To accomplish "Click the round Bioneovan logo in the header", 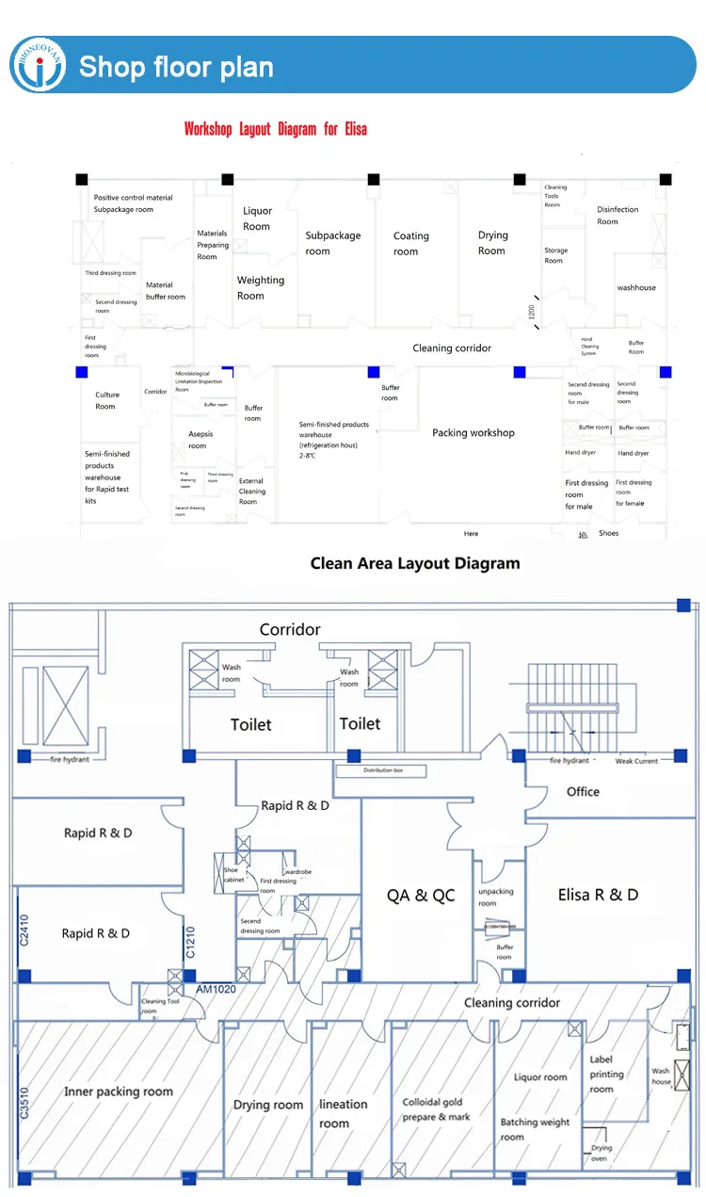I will click(39, 66).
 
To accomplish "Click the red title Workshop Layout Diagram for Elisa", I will click(276, 129).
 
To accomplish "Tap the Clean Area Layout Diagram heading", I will click(415, 563).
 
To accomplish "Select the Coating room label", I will click(410, 244).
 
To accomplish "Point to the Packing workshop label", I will click(473, 433).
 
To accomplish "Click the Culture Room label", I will click(106, 401).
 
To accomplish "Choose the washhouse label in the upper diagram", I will click(636, 287).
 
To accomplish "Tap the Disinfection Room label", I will click(618, 216).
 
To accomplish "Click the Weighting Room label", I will click(260, 288).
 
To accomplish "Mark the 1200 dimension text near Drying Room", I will click(532, 312).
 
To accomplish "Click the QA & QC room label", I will click(421, 895).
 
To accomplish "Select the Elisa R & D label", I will click(598, 895).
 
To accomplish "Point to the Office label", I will click(583, 792).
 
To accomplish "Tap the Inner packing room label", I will click(119, 1092).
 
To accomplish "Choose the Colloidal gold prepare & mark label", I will click(437, 1109).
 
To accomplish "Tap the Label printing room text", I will click(607, 1075).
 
